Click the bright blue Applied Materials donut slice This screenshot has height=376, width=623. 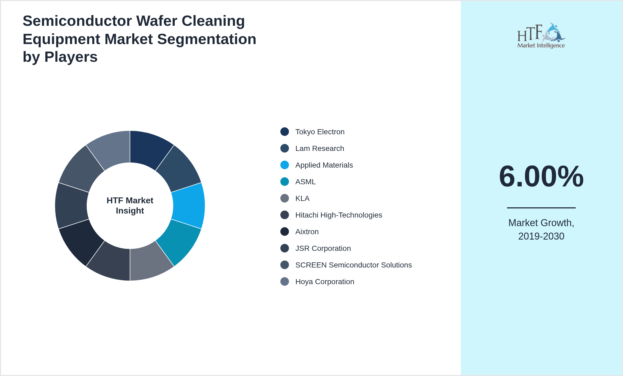pos(188,206)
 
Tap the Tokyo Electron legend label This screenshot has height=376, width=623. pos(320,132)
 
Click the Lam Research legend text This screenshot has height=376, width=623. pos(320,149)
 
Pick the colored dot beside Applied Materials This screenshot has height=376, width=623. pos(285,165)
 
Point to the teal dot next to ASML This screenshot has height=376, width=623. pos(285,182)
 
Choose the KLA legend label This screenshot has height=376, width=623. pos(302,198)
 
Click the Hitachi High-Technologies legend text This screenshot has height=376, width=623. pos(338,215)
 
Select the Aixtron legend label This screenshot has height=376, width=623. pos(307,232)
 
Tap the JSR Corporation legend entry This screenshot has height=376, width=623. pos(323,248)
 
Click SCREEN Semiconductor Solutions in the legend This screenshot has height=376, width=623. pos(353,265)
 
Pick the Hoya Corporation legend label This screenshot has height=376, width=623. pos(324,282)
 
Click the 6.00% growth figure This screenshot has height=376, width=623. pos(541,176)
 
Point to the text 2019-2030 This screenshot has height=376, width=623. pos(541,236)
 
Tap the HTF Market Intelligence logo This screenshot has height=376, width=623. pos(541,36)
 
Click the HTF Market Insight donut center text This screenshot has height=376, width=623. pos(130,205)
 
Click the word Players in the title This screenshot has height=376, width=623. pos(71,57)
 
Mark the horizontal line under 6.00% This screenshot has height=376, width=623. pos(541,208)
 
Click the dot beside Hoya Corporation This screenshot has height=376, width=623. pos(285,281)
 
